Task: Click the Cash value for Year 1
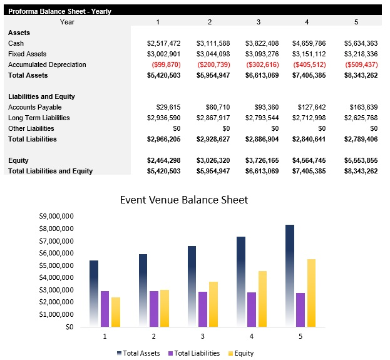(163, 43)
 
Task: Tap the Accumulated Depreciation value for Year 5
(361, 64)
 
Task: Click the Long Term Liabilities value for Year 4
(309, 118)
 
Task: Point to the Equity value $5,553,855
(361, 160)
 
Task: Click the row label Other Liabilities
(31, 128)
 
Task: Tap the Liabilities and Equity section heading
(41, 96)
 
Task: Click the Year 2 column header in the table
(210, 22)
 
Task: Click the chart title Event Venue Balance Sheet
(184, 200)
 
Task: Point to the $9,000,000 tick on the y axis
(56, 216)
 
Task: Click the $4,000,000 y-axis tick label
(56, 277)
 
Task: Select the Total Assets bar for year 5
(289, 275)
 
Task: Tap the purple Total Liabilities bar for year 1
(105, 309)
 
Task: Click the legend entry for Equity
(240, 353)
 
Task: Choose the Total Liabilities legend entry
(194, 353)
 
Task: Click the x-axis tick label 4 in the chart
(251, 336)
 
